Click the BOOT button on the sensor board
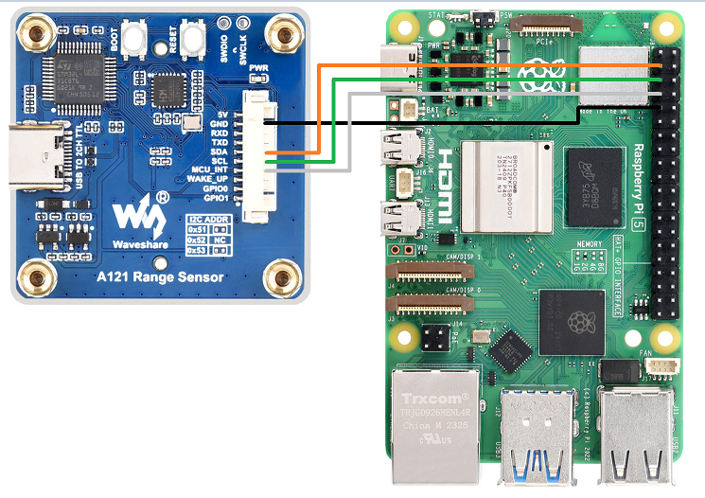[x=132, y=41]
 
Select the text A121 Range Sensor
[x=161, y=277]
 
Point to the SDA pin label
[x=220, y=151]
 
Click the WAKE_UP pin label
[x=208, y=179]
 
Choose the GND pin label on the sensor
[x=219, y=124]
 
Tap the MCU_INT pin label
[x=209, y=169]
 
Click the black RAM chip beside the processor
[x=593, y=186]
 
